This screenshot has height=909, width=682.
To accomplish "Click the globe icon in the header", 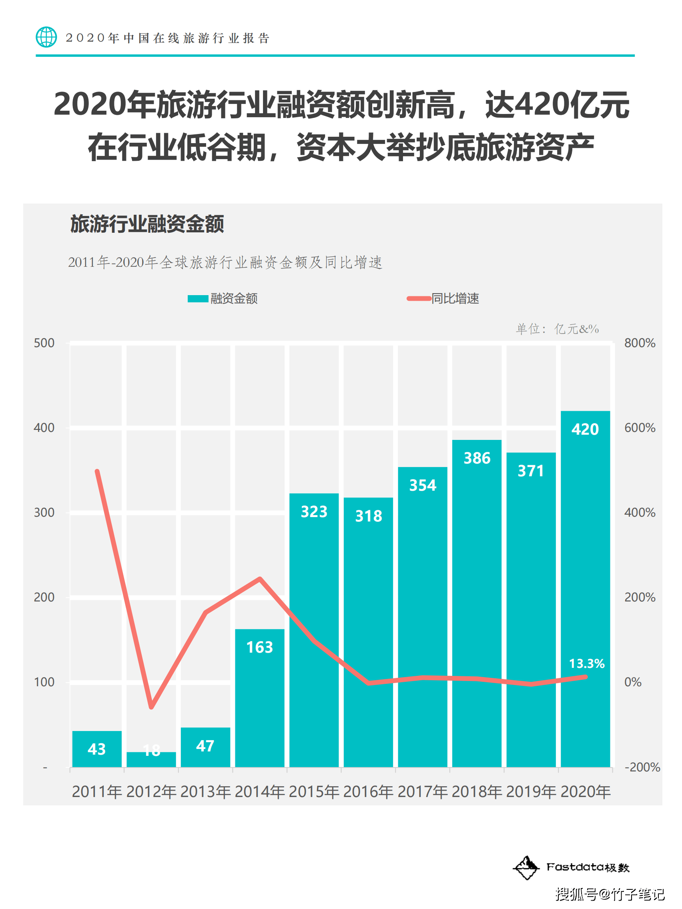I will point(46,37).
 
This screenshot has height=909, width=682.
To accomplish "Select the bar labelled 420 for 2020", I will point(585,587).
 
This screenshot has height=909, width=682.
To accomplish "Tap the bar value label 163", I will point(260,647).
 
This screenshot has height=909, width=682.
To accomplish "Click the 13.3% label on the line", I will point(587,663).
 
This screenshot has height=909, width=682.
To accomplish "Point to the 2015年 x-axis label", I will point(314,791).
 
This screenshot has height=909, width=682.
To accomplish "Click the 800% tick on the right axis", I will point(640,343).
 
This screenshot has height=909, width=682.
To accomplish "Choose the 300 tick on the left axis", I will point(44,512).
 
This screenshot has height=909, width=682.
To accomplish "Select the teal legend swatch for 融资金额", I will point(198,299).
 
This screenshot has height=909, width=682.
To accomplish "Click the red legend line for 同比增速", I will point(419,298).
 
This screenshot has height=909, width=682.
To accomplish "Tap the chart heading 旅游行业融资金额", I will point(147,224).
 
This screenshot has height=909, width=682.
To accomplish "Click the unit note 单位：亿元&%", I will point(558,329).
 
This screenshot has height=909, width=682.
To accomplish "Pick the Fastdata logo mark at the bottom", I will point(526,867).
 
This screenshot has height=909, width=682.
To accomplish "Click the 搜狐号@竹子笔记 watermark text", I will point(610,894).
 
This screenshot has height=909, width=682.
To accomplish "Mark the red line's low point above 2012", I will point(151,707).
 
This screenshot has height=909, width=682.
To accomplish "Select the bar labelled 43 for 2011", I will point(97,749).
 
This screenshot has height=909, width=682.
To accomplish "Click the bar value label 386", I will point(477,458).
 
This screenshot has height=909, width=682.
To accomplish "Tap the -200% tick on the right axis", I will point(642,767).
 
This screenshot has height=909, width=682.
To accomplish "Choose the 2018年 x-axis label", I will point(477,791).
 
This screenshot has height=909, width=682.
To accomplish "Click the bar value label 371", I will point(531,471).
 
